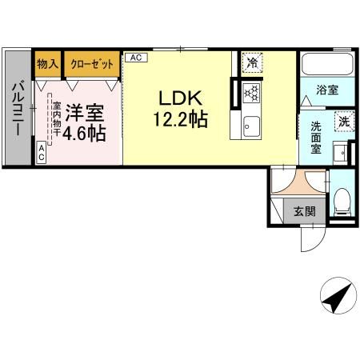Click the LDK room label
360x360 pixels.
181,98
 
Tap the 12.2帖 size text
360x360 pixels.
181,119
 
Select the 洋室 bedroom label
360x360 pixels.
85,113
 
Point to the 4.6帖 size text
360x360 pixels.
84,133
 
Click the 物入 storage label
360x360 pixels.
48,64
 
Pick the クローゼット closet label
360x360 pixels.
92,64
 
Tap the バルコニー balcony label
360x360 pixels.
18,108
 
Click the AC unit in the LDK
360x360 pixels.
136,58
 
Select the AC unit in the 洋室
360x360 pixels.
41,152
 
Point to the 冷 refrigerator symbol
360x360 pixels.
252,63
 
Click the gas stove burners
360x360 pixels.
252,93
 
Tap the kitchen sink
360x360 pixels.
251,126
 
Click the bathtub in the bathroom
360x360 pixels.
327,64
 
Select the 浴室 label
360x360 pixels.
327,90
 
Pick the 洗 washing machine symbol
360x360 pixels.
344,122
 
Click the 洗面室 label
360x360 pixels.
316,138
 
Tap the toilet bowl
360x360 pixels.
343,201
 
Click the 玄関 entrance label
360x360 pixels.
305,211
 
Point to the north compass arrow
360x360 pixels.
338,297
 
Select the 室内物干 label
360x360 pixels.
57,119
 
